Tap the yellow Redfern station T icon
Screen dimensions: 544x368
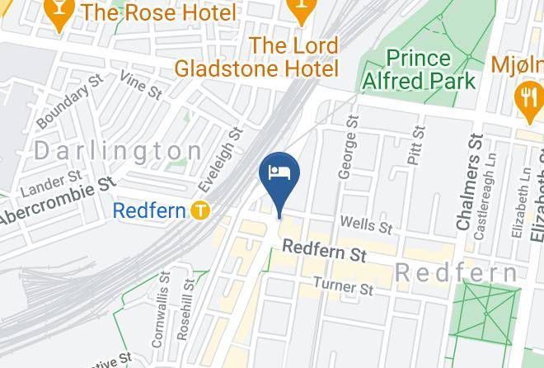[199, 210]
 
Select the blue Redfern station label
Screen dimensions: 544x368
[148, 210]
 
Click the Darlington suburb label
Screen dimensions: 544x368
[118, 151]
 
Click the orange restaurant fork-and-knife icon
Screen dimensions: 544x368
[525, 99]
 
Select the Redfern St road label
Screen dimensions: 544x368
[324, 252]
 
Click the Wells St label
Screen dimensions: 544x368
[365, 224]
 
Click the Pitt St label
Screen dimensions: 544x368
[417, 152]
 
